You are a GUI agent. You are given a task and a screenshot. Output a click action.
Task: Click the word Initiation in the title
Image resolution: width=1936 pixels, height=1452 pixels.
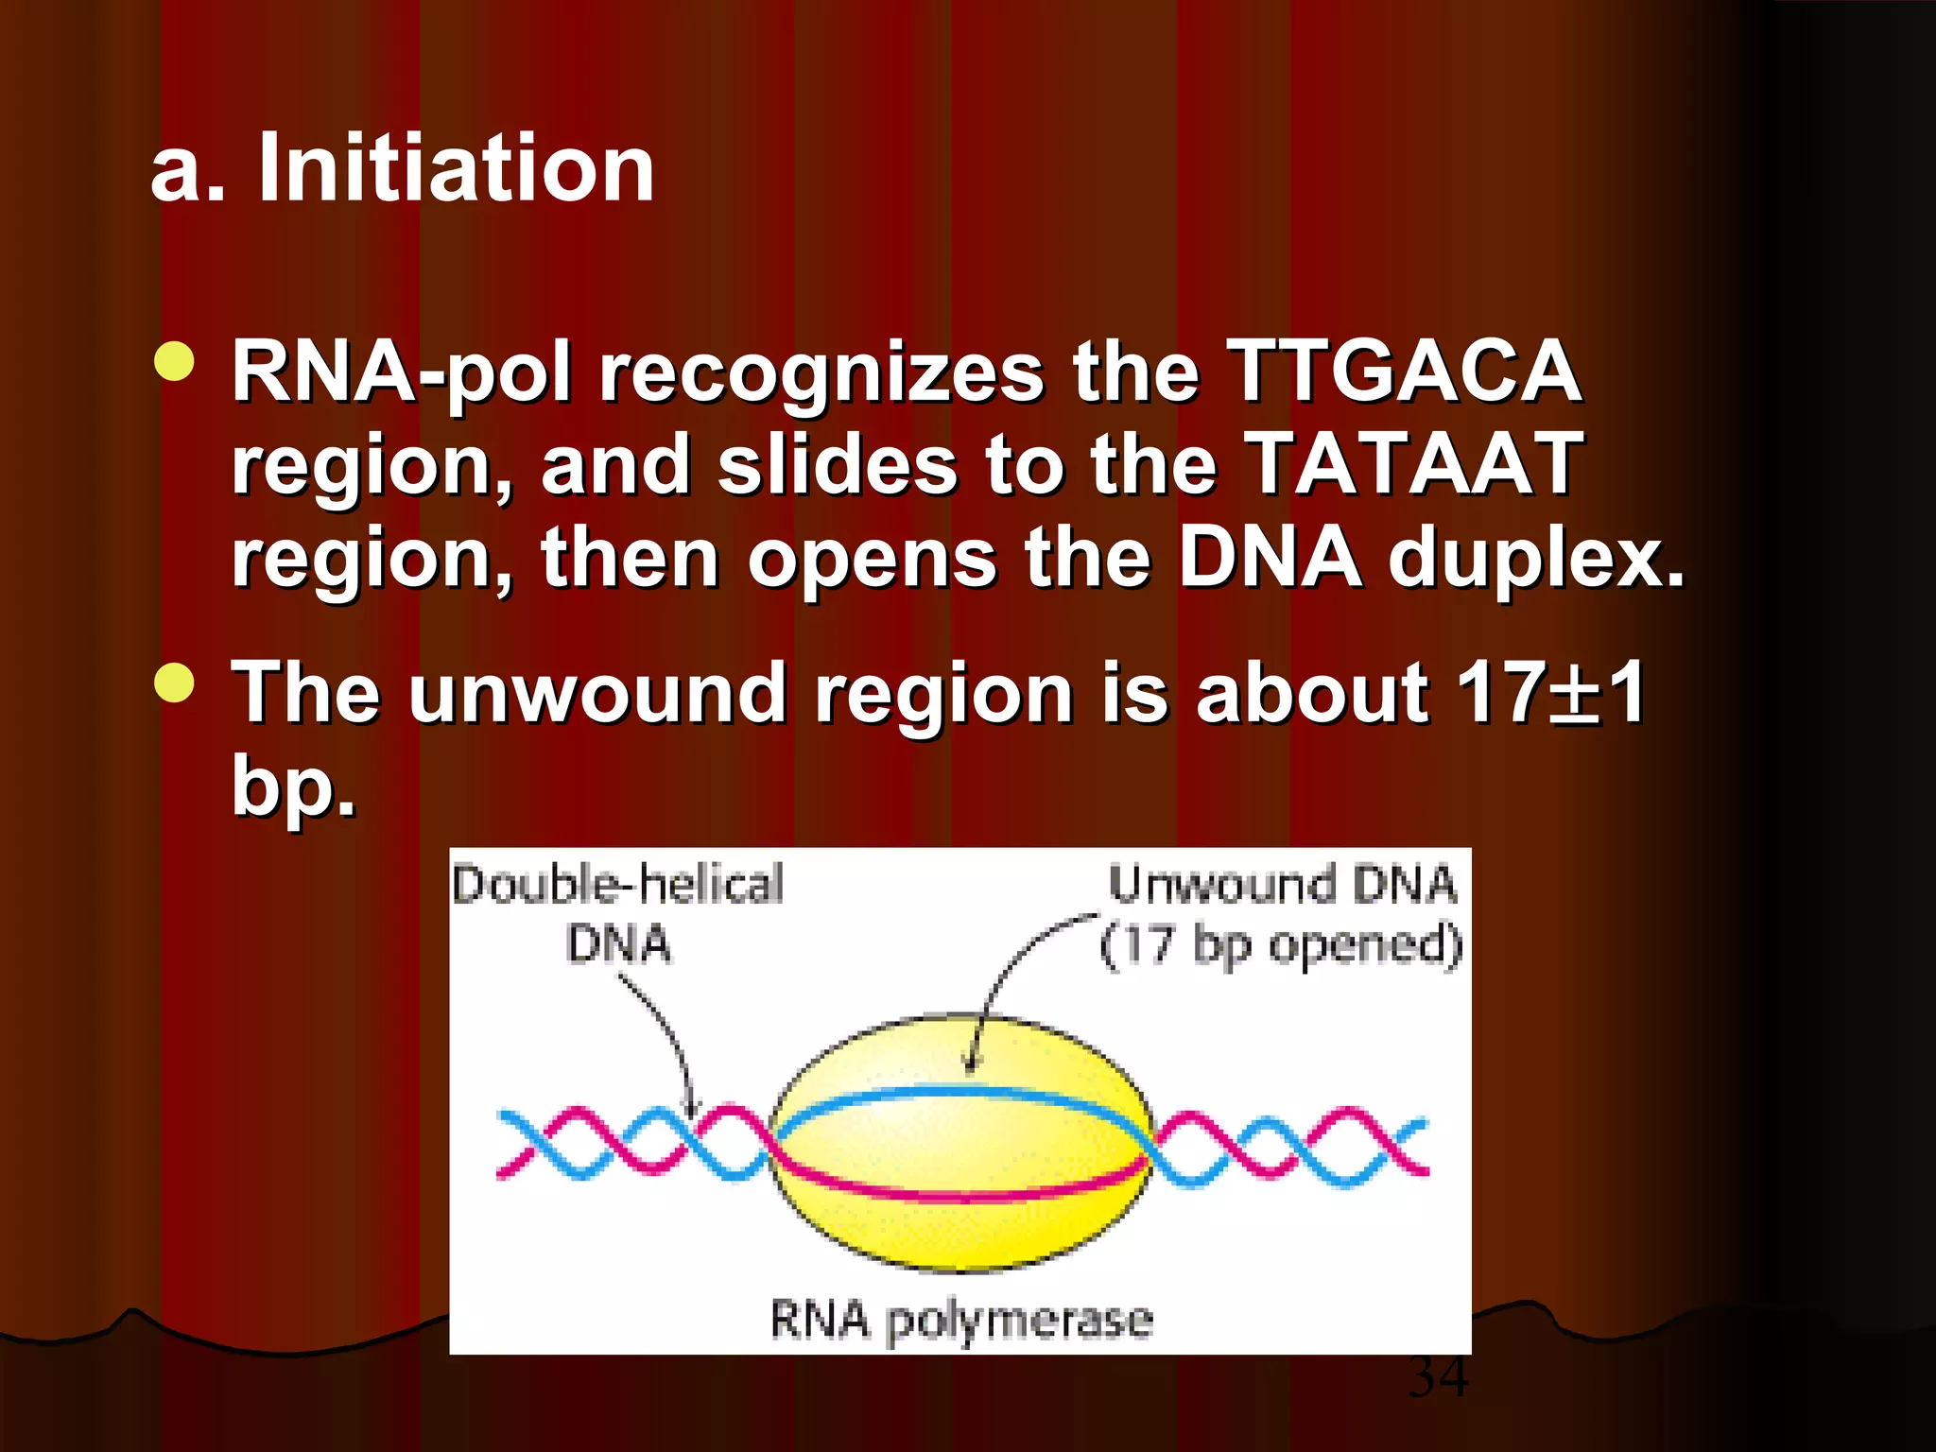click(457, 168)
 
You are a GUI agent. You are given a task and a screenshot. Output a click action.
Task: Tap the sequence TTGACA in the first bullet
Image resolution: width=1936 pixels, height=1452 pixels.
click(1403, 371)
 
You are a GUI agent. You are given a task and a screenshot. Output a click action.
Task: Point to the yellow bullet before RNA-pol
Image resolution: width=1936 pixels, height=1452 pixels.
click(174, 361)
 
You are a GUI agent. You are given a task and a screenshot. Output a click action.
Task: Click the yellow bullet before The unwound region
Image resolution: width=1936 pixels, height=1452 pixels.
click(174, 683)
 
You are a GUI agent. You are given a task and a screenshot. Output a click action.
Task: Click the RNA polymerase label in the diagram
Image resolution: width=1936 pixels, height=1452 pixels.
click(960, 1320)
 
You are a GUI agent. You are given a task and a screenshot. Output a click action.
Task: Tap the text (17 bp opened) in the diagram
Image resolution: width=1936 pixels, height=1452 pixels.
click(1281, 944)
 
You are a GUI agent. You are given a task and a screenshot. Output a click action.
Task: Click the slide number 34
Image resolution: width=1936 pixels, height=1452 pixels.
click(1438, 1377)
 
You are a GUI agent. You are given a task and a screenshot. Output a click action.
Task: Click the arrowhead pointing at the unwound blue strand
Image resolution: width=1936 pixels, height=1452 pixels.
click(970, 1065)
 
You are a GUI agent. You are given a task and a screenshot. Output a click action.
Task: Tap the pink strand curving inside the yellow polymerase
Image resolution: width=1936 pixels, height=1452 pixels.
click(961, 1195)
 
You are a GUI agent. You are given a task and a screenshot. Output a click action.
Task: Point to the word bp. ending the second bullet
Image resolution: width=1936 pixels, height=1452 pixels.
click(293, 785)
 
